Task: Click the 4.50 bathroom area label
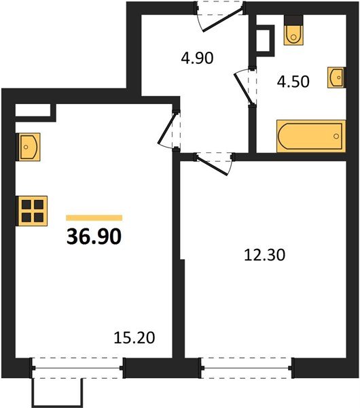(x=293, y=82)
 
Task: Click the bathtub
(x=310, y=136)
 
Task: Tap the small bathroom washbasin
(x=336, y=78)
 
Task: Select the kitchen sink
(x=29, y=146)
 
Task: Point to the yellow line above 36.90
(x=94, y=218)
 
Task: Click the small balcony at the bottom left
(x=57, y=390)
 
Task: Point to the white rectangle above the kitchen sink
(x=33, y=109)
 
